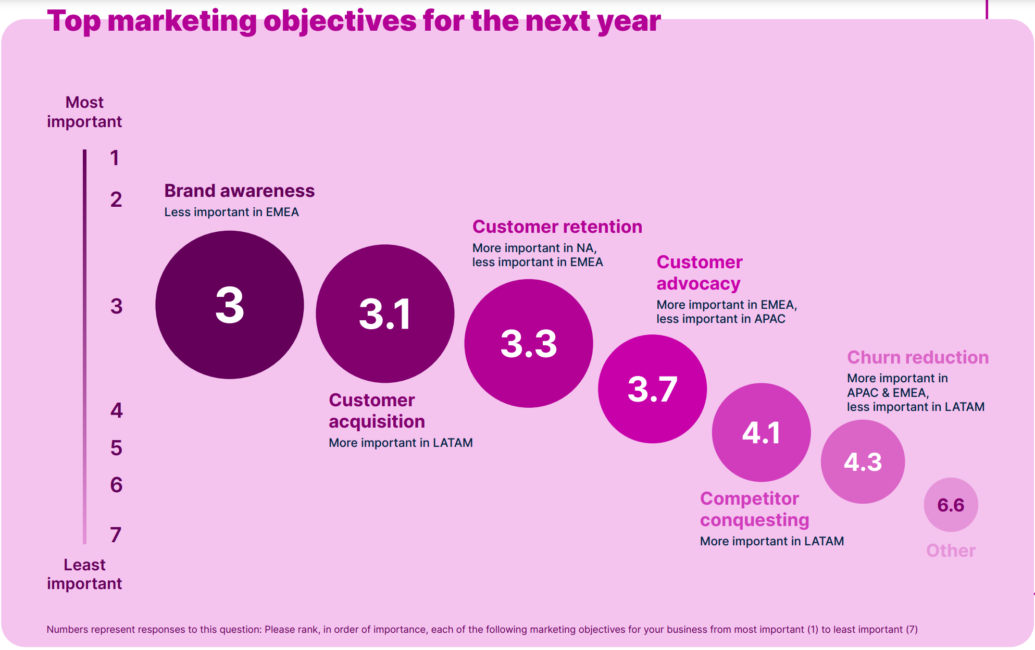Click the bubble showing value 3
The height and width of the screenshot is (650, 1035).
tap(229, 305)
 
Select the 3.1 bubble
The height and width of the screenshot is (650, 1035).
tap(385, 314)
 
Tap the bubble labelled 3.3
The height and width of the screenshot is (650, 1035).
tap(528, 343)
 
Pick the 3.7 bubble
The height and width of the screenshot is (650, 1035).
tap(652, 389)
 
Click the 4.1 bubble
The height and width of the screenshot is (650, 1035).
tap(761, 432)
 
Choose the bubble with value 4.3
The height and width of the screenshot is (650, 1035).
tap(863, 461)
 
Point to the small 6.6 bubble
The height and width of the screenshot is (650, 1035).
tap(951, 505)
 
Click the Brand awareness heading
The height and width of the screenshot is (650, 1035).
tap(239, 191)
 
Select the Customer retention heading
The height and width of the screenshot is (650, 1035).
tap(557, 227)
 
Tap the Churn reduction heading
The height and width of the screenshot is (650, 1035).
tap(917, 357)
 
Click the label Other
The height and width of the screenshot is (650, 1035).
tap(951, 551)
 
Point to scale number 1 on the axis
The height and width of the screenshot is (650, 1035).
tap(115, 158)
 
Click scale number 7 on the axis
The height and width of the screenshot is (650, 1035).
tap(116, 534)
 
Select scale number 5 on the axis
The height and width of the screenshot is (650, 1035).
tap(116, 448)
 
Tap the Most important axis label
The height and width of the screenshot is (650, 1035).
tap(84, 111)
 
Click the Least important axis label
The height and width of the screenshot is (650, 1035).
tap(84, 574)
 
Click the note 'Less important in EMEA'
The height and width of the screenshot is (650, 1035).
tap(231, 212)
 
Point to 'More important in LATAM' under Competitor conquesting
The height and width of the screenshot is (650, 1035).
tap(771, 541)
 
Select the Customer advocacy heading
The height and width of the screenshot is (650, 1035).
tap(699, 272)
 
